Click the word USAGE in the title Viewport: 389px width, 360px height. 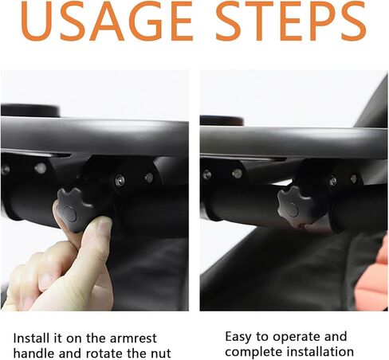tap(107, 22)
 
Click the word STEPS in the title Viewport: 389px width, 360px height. tap(291, 22)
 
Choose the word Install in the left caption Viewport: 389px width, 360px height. tap(31, 338)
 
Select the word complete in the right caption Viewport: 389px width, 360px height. tap(250, 353)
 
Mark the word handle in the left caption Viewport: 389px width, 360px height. tap(33, 354)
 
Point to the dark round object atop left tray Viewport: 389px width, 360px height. tap(30, 110)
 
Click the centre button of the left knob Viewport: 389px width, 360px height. tap(70, 213)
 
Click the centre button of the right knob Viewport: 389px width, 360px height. tap(293, 209)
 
